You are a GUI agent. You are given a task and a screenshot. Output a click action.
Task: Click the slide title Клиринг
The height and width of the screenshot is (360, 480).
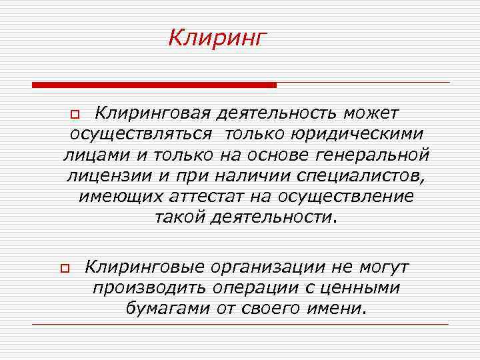pyautogui.click(x=217, y=38)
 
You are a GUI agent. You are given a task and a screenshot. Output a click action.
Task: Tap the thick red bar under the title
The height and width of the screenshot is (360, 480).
pyautogui.click(x=154, y=85)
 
